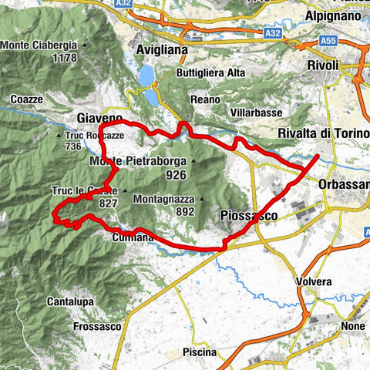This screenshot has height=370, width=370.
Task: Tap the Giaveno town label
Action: (100, 117)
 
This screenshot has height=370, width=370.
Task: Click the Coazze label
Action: (28, 99)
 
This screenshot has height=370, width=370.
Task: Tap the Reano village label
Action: (205, 99)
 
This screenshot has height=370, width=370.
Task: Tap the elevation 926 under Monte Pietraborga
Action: (177, 175)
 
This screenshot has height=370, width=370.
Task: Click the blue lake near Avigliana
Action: (146, 75)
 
